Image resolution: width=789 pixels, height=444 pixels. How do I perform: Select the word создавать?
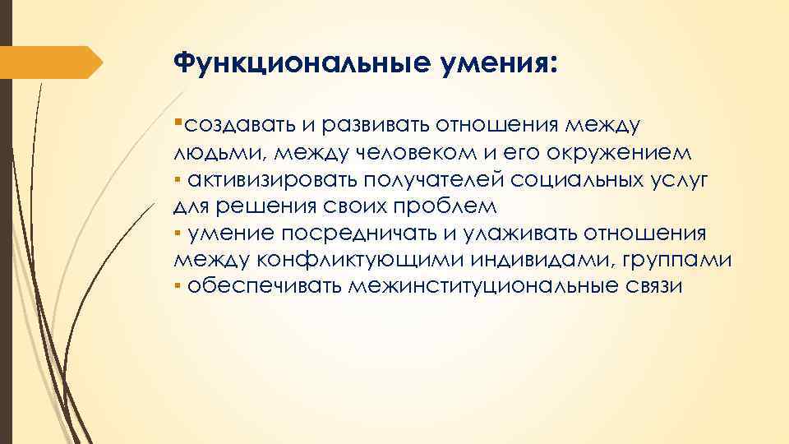[x=238, y=127]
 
